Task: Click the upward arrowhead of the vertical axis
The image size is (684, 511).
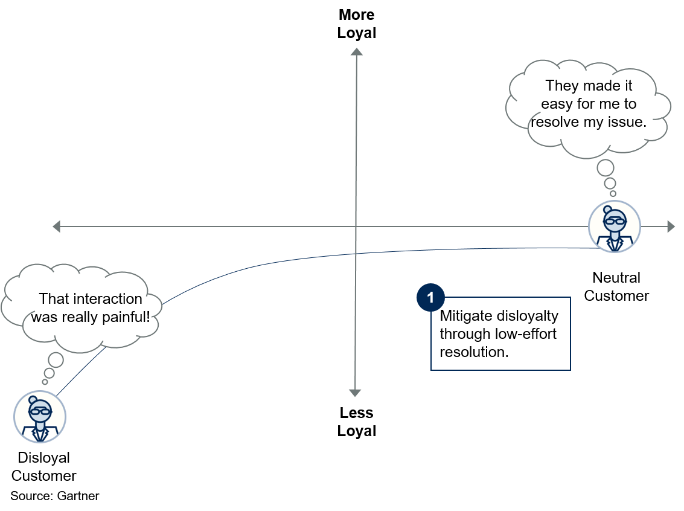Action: point(356,52)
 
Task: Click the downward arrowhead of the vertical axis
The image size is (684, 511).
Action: point(355,393)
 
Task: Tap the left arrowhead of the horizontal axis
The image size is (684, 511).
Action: point(57,227)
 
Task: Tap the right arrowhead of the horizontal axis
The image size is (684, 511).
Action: point(671,227)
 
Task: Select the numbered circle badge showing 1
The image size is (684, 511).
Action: point(430,298)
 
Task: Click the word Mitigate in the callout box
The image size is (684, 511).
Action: point(462,316)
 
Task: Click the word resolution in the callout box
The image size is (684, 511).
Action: point(474,352)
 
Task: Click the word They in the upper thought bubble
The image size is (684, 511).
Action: point(561,86)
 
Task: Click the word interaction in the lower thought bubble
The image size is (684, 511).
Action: point(105,298)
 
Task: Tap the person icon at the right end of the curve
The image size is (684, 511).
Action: point(614,226)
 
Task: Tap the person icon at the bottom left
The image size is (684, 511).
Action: point(40,416)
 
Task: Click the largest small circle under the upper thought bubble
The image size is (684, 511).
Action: point(606,167)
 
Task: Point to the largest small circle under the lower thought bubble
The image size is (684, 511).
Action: point(56,360)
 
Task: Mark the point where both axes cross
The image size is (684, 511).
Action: point(356,227)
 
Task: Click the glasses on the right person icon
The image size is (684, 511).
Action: point(614,220)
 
